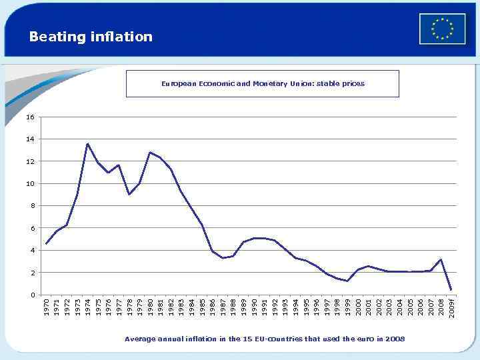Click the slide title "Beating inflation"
pos(91,37)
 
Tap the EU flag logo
pos(442,29)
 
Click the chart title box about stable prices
pos(262,84)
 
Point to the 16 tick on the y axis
pos(30,117)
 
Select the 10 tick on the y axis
pos(30,183)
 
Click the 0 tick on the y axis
pos(32,295)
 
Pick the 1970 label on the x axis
pos(46,307)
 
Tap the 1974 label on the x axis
pos(87,307)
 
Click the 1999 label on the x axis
pos(347,307)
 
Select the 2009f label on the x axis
pos(451,308)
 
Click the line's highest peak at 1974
pos(87,143)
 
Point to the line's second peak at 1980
pos(150,152)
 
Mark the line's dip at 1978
pos(129,194)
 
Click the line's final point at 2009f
pos(451,289)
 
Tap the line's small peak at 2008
pos(441,259)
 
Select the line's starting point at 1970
pos(46,244)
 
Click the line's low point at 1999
pos(347,281)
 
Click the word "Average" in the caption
pos(139,339)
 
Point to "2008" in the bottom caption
pos(395,339)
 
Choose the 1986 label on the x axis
pos(212,307)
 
